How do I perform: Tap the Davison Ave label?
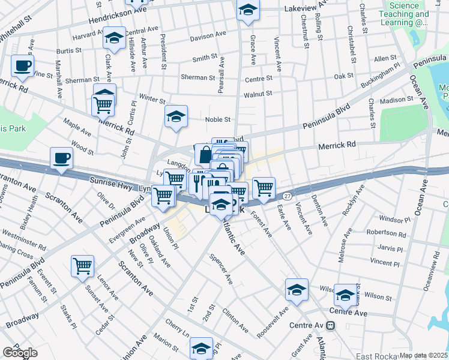208,37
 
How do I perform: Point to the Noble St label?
218,119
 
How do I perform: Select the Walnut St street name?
258,94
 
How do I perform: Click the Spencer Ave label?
221,269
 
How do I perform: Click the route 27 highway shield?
288,196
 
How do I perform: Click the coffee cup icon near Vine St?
22,65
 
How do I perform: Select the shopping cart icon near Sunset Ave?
82,265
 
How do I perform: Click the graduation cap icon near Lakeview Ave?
248,11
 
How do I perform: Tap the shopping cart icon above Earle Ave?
264,188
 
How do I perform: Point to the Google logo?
20,353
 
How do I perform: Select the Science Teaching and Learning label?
408,14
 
